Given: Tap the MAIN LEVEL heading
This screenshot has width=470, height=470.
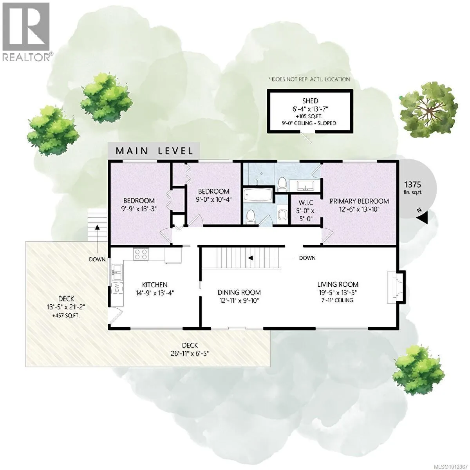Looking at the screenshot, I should [154, 151].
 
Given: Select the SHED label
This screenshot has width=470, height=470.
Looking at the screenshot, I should [310, 101].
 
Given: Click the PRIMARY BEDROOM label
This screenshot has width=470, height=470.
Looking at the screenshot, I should [359, 201].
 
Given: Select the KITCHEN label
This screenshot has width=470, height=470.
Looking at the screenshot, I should [155, 285].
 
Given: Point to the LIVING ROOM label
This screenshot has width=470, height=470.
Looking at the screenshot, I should [338, 285].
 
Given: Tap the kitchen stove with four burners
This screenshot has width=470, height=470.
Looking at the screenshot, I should [141, 255].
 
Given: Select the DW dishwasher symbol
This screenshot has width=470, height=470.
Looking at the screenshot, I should [117, 288].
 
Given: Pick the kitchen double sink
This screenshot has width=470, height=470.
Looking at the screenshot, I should [117, 272].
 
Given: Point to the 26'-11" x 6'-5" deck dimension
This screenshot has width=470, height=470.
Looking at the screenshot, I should [190, 353].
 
